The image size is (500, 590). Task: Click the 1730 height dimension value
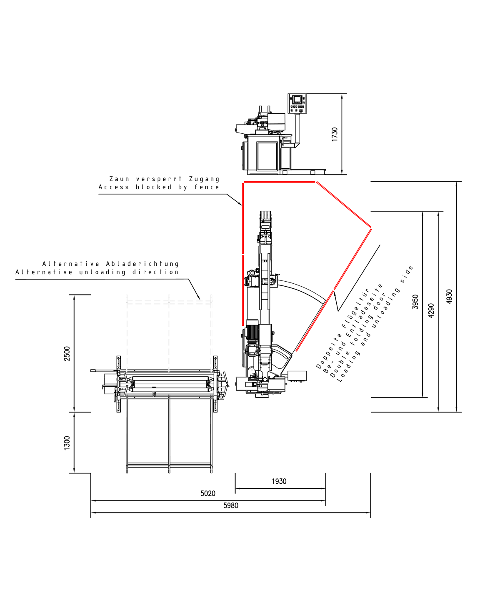pos(335,134)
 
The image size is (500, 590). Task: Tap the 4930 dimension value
pos(449,297)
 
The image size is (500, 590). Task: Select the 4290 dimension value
pos(431,310)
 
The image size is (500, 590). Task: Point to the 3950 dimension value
pos(415,302)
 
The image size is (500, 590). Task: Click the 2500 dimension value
pos(67,353)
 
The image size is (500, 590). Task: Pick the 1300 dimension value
pos(67,443)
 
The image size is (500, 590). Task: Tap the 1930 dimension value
pos(279,481)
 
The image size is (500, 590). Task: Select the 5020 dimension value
pos(208,493)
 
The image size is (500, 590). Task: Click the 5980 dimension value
pos(230,505)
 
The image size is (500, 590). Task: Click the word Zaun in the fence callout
pos(119,179)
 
